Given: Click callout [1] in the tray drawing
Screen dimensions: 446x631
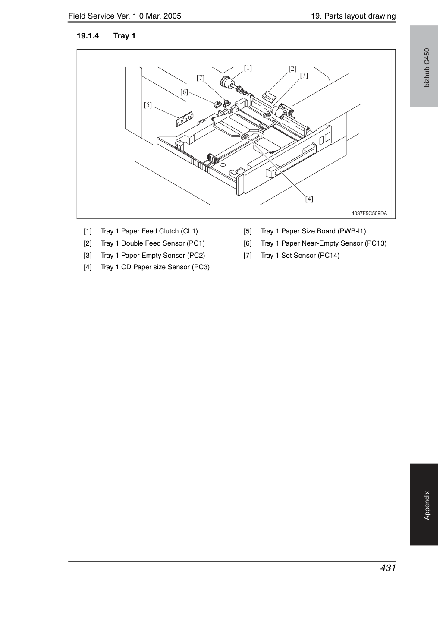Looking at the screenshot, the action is click(248, 68).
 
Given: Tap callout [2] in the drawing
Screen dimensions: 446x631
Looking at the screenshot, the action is click(292, 69).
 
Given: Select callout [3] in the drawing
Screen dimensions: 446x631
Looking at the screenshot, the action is click(304, 75).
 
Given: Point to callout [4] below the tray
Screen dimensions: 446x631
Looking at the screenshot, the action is click(309, 199).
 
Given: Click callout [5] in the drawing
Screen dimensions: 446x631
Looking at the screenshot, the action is click(148, 105).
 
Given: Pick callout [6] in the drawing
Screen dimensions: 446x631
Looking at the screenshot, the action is click(184, 92).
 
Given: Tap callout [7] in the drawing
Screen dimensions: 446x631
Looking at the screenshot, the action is click(201, 78).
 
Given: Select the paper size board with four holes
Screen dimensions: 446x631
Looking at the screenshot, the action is click(185, 119).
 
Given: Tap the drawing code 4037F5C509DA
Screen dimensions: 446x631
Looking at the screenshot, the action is click(369, 213).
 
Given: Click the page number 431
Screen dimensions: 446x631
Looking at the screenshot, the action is click(388, 568).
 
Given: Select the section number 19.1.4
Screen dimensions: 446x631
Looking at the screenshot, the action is click(88, 36).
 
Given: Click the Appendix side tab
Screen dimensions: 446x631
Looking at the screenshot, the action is click(424, 504).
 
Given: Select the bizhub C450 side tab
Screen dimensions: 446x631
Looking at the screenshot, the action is click(424, 66).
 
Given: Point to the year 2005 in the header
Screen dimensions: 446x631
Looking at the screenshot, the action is click(172, 16).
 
